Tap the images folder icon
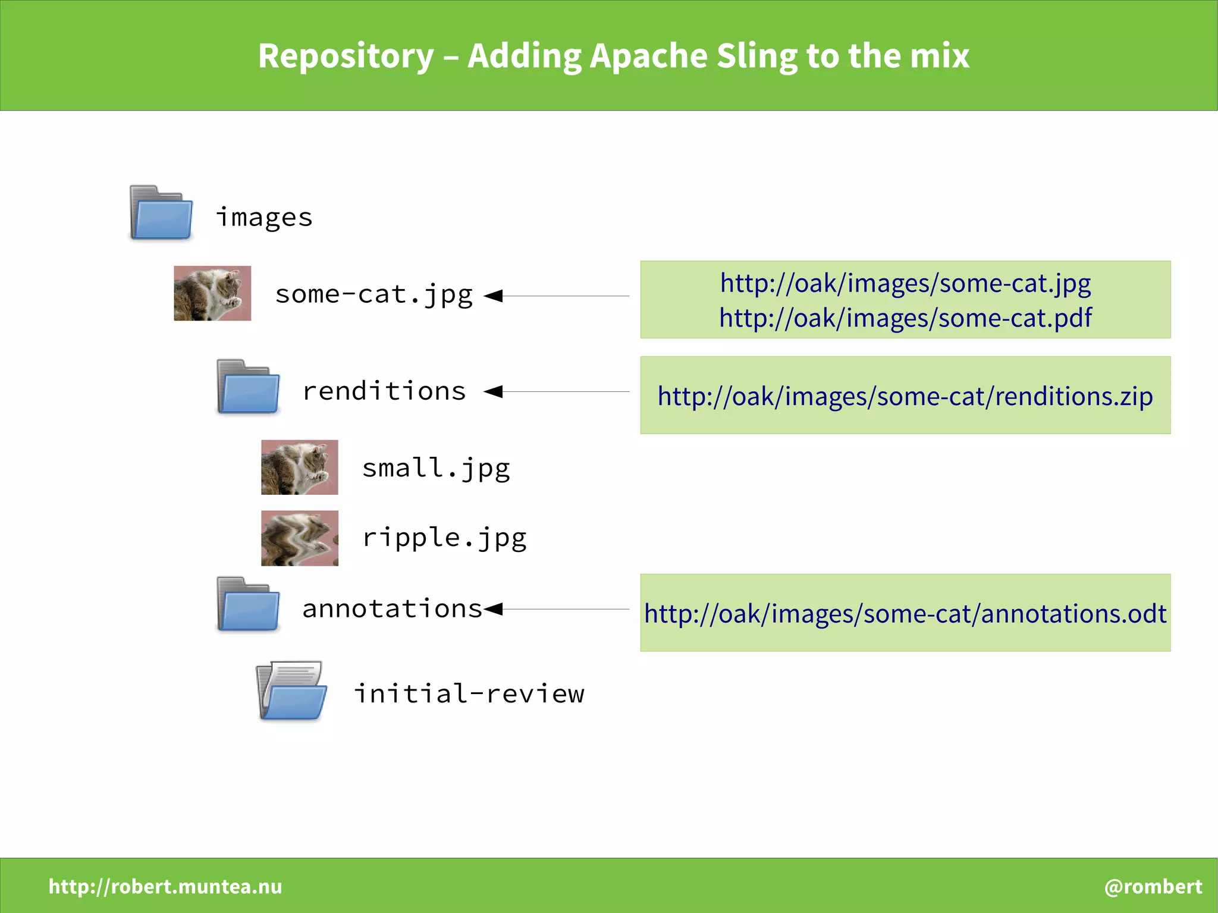coord(161,213)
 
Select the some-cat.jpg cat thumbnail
coord(212,293)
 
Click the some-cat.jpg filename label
coord(373,294)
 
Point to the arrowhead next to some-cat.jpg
coord(494,296)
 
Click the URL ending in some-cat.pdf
coord(905,318)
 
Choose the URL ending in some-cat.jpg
coord(905,283)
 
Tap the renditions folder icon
coord(248,387)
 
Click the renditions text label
coord(384,391)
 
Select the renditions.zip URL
coord(905,396)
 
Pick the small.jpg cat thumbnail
coord(300,468)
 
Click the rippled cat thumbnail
coord(300,538)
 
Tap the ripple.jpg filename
coord(444,538)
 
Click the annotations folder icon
coord(248,604)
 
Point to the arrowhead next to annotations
coord(494,608)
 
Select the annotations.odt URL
coord(905,614)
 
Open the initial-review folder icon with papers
coord(292,691)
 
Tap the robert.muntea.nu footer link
coord(165,886)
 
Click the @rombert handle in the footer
coord(1153,886)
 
